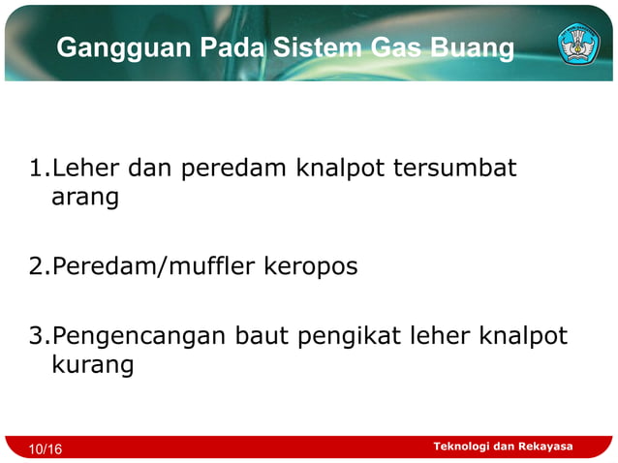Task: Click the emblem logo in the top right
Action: [578, 45]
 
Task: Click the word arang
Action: [84, 198]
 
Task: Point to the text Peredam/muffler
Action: [154, 265]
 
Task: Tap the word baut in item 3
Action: [262, 336]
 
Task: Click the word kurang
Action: [91, 365]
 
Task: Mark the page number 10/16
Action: [46, 449]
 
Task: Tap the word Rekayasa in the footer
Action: [546, 447]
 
